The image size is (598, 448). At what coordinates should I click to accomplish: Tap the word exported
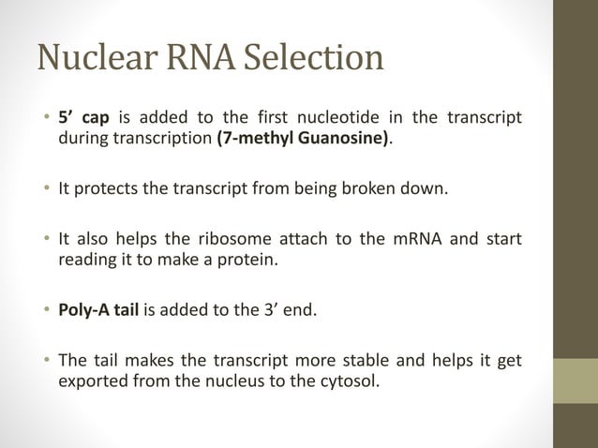click(x=92, y=381)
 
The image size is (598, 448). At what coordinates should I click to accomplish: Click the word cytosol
click(x=351, y=381)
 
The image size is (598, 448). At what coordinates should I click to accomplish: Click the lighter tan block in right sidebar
click(x=576, y=381)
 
